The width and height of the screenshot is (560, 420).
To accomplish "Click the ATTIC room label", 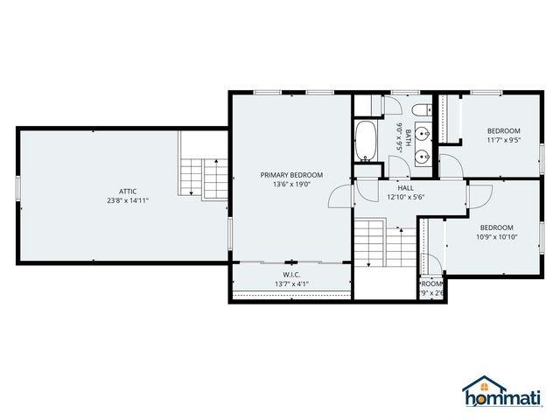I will tap(129, 191).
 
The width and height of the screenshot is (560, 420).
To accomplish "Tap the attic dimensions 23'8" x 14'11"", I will tap(129, 200).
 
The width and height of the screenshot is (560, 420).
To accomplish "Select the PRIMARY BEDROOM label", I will tap(291, 175).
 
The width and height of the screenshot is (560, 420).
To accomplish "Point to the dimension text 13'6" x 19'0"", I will tap(291, 185).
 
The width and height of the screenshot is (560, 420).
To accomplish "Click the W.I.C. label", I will tap(291, 274).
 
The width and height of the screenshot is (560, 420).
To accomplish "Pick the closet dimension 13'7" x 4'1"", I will tap(291, 283).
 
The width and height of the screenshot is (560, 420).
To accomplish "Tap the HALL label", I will tap(405, 187).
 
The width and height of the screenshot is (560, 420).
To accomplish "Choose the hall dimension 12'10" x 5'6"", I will tap(405, 197).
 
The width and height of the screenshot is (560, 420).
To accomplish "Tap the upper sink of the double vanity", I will tap(423, 135).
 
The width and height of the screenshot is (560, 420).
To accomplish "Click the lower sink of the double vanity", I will tap(423, 157).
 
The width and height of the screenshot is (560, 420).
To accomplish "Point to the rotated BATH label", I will tap(396, 137).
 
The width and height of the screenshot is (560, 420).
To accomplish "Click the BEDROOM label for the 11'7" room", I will tap(503, 131).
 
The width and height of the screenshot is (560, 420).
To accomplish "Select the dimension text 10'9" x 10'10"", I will tap(497, 236).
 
